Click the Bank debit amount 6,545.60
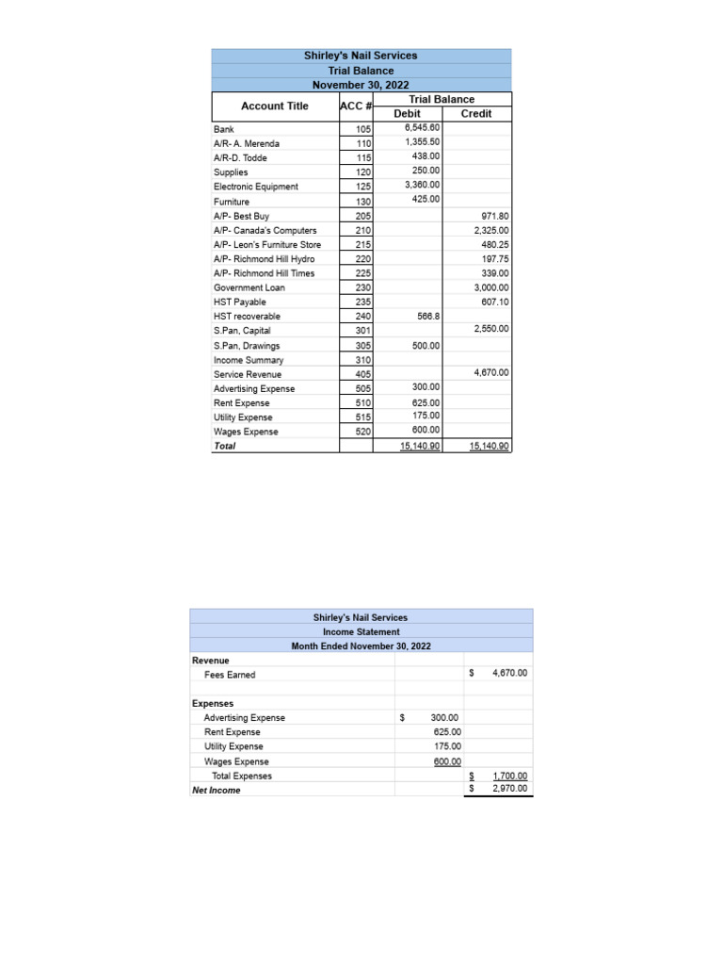(x=422, y=127)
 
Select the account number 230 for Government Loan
(x=362, y=287)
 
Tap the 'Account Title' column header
(x=274, y=106)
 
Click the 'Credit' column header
(x=475, y=113)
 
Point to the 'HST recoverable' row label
(x=247, y=317)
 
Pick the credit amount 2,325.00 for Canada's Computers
(x=490, y=230)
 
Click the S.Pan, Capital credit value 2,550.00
(x=490, y=329)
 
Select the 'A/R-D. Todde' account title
(x=240, y=158)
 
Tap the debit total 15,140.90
(x=420, y=446)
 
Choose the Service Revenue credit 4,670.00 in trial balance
(x=490, y=372)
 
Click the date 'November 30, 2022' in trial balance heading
(x=361, y=85)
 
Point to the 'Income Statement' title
(x=361, y=631)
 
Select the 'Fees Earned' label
(x=229, y=675)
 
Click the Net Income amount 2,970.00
(x=510, y=790)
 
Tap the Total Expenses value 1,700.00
(x=510, y=777)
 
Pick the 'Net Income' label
(x=216, y=791)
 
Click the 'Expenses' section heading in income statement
(x=213, y=703)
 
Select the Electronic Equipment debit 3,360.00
(x=422, y=185)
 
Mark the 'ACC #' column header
(x=356, y=106)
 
